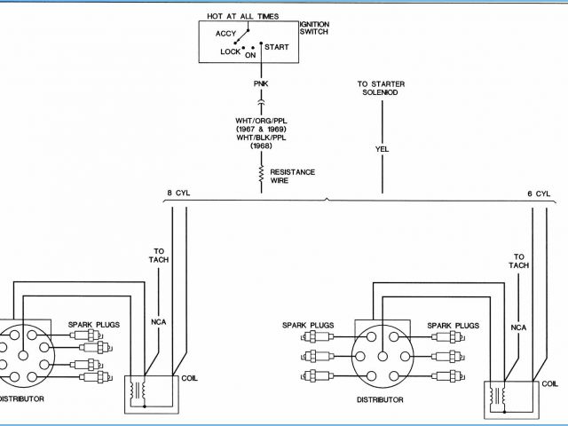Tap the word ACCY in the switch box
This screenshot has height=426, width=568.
point(225,34)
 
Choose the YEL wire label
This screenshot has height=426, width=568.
point(383,149)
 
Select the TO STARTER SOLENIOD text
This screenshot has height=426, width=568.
point(382,89)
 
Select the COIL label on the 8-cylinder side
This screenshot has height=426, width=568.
point(190,376)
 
